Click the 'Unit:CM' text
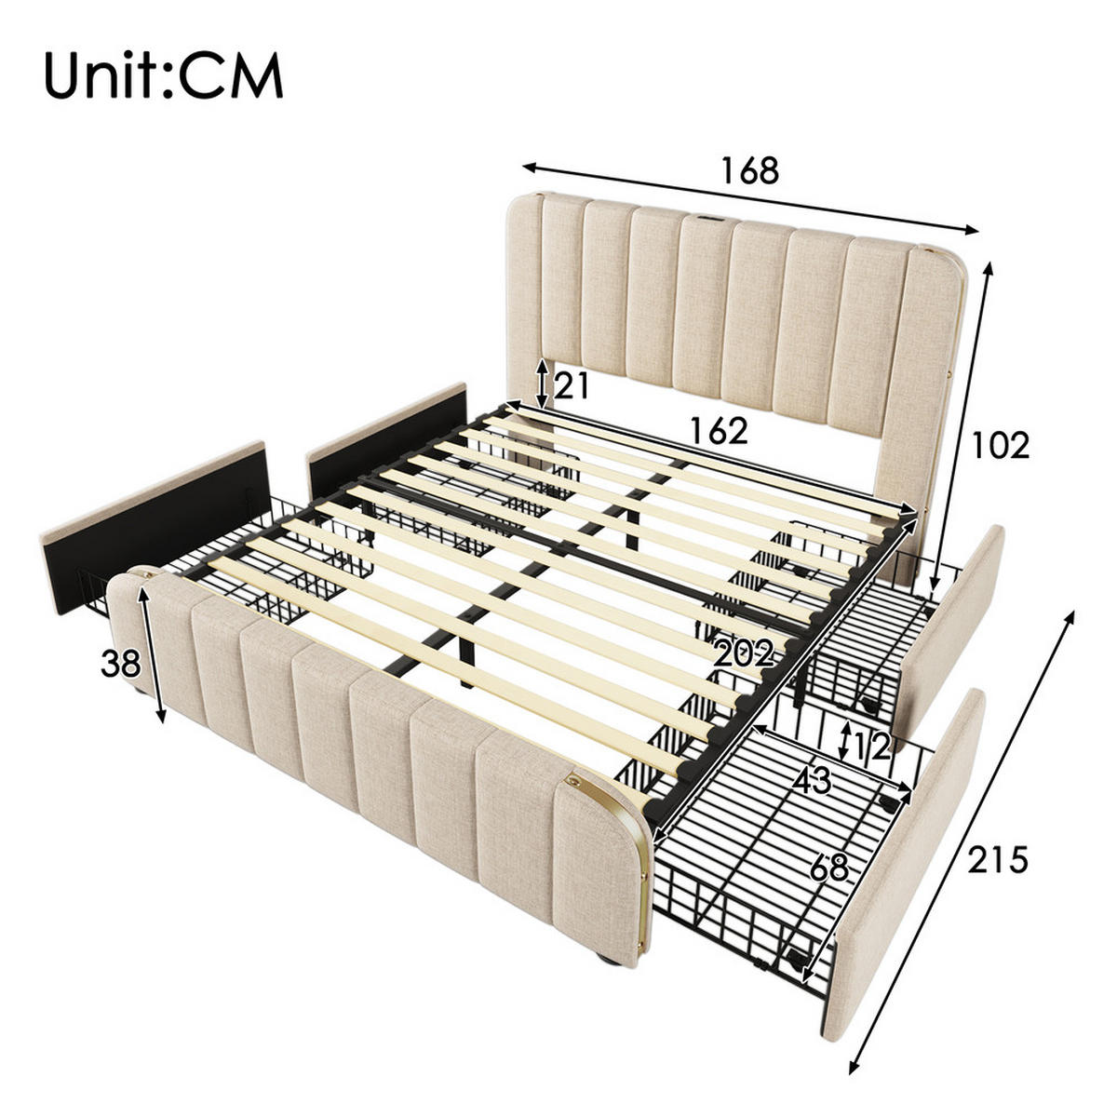163,76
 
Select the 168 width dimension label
749,170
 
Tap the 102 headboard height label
1001,446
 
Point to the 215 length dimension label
997,860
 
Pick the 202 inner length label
744,654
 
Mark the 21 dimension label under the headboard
572,384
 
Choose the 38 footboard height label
121,664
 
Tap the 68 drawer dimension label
829,867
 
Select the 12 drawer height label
873,742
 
